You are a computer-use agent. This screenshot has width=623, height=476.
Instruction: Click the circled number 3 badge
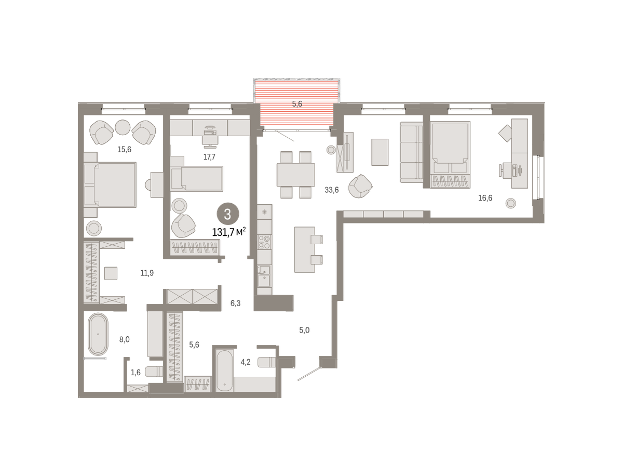click(x=227, y=214)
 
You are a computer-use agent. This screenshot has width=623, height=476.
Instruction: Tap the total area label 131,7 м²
click(x=229, y=232)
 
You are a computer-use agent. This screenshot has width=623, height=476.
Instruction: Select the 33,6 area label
click(x=332, y=190)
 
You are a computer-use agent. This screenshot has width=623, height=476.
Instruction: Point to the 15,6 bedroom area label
click(x=124, y=149)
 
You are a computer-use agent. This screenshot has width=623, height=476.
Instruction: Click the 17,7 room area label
click(x=209, y=157)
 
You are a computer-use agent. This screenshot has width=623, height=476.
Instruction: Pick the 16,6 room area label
click(x=485, y=198)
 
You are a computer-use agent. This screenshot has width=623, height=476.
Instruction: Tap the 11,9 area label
click(x=147, y=273)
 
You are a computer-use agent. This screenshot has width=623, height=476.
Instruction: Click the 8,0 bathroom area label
click(x=124, y=339)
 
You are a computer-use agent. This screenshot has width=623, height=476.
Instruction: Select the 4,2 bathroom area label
click(x=246, y=362)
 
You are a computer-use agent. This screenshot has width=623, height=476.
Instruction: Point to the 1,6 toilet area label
click(x=136, y=373)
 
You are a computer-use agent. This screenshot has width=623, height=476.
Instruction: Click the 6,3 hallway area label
click(x=235, y=303)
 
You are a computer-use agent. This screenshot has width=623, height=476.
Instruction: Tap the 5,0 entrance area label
click(x=304, y=330)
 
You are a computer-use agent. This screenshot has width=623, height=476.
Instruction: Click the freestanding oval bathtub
click(x=98, y=334)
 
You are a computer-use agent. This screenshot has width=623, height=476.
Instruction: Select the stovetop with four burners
click(x=265, y=242)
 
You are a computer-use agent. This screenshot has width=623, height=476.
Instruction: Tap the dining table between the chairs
click(x=296, y=175)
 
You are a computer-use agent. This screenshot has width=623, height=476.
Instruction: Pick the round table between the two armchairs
click(x=123, y=127)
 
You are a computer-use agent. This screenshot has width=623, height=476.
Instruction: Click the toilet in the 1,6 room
click(x=154, y=372)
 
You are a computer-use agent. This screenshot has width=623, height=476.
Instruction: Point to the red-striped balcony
click(x=296, y=103)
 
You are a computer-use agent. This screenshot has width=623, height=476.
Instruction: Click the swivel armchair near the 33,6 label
click(x=360, y=186)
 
